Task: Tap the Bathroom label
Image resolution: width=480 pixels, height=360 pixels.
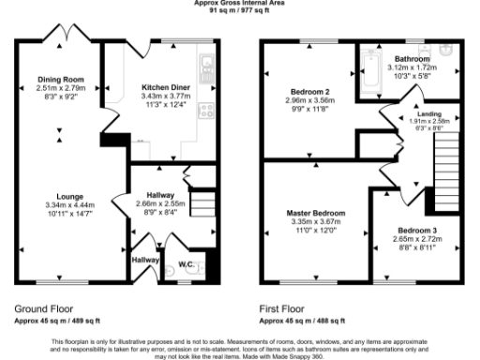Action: coord(412,58)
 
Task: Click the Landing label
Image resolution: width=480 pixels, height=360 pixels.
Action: coord(417,112)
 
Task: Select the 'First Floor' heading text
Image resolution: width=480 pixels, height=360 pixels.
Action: coord(281,307)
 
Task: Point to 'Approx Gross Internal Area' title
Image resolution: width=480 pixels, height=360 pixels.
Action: coord(240,4)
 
